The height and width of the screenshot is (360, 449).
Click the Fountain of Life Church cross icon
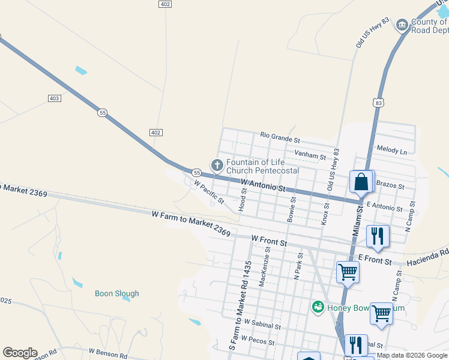pos(217,164)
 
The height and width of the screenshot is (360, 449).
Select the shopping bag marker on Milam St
pos(361,182)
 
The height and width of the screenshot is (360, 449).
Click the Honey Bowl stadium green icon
pos(318,307)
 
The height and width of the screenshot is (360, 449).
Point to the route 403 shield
pos(54,98)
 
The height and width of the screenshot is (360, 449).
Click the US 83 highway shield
pos(378,103)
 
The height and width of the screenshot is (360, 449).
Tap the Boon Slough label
pos(117,293)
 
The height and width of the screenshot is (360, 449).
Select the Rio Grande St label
pos(280,137)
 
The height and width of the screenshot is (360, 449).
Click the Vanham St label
pos(310,156)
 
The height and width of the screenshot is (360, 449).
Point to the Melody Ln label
pos(391,149)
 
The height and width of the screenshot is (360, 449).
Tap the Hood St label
pos(243,199)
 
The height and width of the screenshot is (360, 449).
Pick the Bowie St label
pos(291,210)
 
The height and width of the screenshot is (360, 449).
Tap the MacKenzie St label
pos(263,271)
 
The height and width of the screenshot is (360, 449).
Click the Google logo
pos(20,353)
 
